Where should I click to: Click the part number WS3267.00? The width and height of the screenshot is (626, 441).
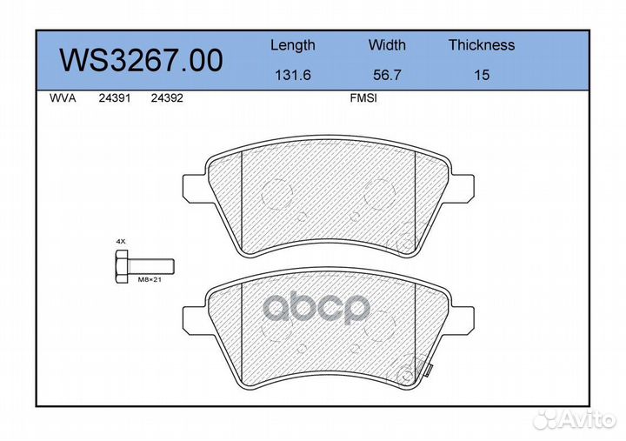[x=141, y=60]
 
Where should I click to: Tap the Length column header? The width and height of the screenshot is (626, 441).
[x=293, y=45]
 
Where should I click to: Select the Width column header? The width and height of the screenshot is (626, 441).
[x=387, y=44]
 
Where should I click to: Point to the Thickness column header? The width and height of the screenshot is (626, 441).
[x=482, y=44]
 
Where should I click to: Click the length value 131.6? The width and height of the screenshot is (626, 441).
[x=293, y=75]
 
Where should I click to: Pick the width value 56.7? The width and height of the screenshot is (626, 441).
[x=387, y=75]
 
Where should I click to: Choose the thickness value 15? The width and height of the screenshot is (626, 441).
[x=482, y=75]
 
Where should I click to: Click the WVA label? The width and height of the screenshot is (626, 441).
[x=63, y=98]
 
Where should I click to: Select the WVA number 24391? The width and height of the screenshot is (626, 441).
[x=115, y=98]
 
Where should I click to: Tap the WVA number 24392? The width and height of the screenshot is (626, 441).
[x=167, y=98]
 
